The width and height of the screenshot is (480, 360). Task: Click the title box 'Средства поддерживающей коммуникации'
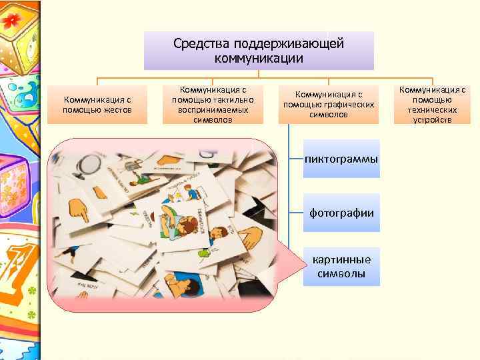pos(259,51)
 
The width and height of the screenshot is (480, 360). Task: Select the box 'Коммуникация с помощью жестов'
pos(97,105)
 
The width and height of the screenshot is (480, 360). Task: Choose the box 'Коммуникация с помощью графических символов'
pos(329,105)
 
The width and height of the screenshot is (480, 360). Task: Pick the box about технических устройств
pos(432,105)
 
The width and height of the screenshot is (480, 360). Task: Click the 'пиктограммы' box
pos(341,159)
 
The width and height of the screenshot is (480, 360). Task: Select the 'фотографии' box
pos(341,213)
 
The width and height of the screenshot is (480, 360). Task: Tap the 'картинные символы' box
pos(341,267)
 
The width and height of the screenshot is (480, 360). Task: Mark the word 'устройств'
pos(432,120)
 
